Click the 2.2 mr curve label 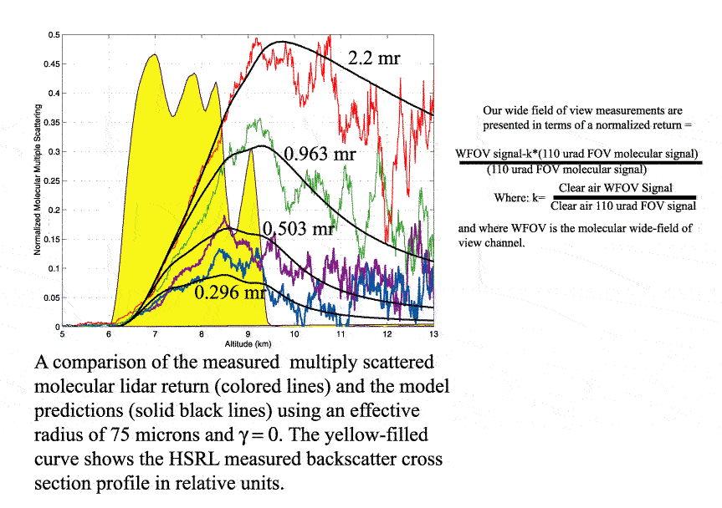374,58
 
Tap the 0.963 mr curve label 320,155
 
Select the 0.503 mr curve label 300,229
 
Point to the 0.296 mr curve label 229,292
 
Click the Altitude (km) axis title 247,343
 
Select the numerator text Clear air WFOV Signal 615,188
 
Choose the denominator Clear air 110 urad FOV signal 622,206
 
